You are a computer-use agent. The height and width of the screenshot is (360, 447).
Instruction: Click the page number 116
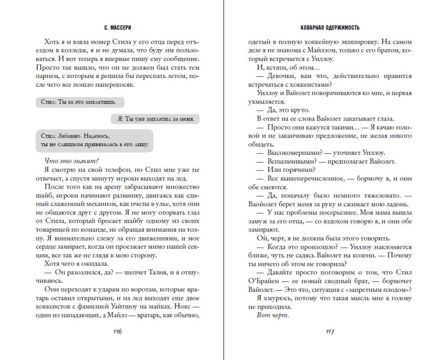tap(117, 332)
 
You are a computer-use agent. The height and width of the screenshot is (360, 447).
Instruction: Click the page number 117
tap(329, 332)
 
